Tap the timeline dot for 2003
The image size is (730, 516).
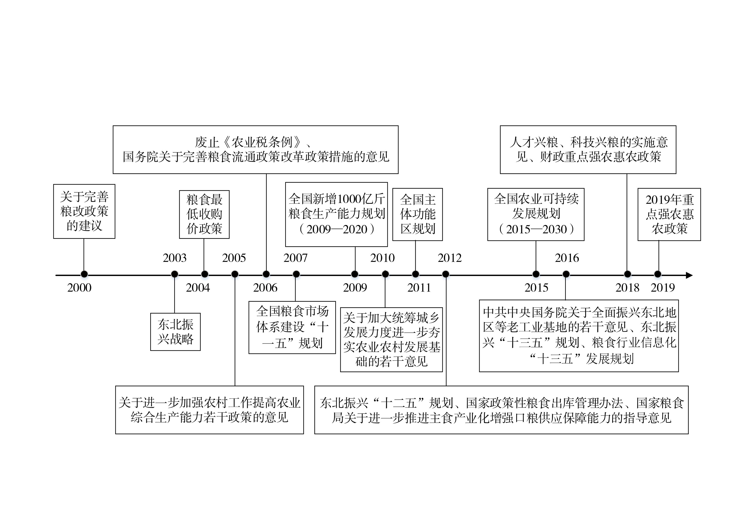coord(175,274)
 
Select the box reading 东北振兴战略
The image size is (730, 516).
coord(175,332)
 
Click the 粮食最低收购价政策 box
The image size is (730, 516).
coord(204,214)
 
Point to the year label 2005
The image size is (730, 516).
coord(234,258)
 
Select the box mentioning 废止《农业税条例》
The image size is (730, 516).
coord(256,149)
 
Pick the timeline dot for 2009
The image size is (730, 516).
coord(355,274)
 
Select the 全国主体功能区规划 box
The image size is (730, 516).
coord(418,214)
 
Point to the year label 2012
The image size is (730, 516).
coord(450,258)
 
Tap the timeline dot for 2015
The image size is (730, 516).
coord(536,274)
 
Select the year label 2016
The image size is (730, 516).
coord(567,258)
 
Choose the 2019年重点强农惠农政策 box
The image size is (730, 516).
coord(669,214)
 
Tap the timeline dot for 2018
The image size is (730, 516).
coord(628,274)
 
